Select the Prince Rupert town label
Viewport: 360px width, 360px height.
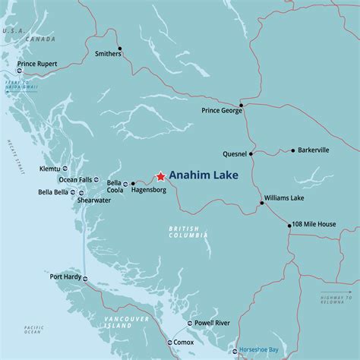pyautogui.click(x=38, y=63)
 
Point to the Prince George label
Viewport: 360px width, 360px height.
pyautogui.click(x=222, y=111)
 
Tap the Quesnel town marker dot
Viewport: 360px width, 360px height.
pyautogui.click(x=251, y=153)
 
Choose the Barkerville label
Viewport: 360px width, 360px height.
pyautogui.click(x=314, y=150)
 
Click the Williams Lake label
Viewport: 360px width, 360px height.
pyautogui.click(x=283, y=197)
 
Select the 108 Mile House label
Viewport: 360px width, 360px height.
pyautogui.click(x=314, y=224)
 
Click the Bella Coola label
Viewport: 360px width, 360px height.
pyautogui.click(x=114, y=187)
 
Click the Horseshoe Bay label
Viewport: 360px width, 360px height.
pyautogui.click(x=260, y=352)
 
